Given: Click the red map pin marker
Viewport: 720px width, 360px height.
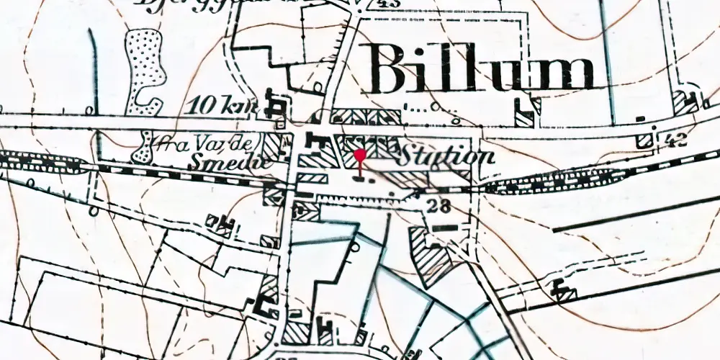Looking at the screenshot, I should [x=360, y=156].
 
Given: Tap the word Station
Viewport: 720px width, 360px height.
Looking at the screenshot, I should [x=446, y=156].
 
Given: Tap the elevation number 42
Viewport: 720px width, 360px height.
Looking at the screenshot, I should [x=676, y=140].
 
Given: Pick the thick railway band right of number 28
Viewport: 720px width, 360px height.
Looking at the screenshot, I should [x=526, y=184].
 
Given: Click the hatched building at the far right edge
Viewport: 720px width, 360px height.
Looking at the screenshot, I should [x=684, y=102].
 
